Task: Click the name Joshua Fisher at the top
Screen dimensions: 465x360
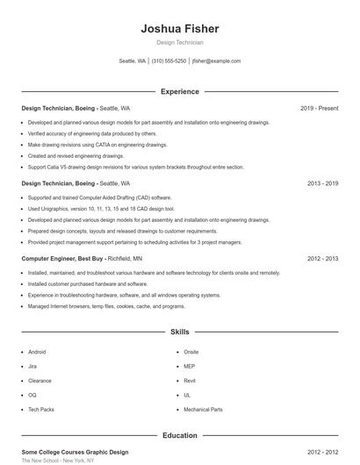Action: (x=179, y=29)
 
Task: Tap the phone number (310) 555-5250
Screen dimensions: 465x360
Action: (x=169, y=61)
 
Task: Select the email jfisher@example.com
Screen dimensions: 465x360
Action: (x=216, y=61)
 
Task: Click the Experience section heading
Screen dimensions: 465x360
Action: (x=179, y=91)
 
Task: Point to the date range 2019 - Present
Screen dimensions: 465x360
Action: (x=319, y=108)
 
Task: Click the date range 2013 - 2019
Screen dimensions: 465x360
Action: (x=322, y=183)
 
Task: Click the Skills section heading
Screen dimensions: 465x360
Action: (x=179, y=333)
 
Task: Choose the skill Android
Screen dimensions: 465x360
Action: (x=37, y=351)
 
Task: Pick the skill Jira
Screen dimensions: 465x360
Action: (x=32, y=366)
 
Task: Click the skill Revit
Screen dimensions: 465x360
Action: (x=190, y=381)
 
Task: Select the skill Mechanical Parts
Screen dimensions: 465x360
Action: (x=203, y=410)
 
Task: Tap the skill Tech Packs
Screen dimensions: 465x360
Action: (x=40, y=410)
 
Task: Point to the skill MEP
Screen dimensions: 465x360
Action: (x=189, y=366)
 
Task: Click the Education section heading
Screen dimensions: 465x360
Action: (x=179, y=435)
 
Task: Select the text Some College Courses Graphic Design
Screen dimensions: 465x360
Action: (x=75, y=452)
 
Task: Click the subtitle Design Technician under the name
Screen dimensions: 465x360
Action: (x=179, y=42)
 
